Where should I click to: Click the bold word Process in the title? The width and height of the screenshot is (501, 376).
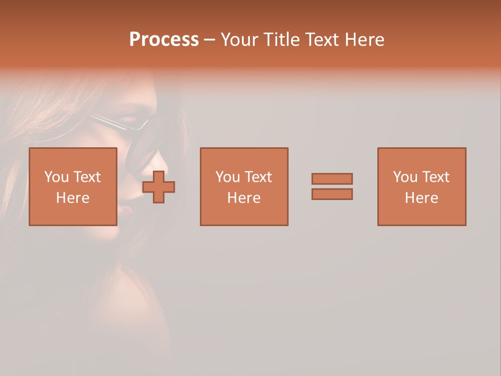tap(164, 40)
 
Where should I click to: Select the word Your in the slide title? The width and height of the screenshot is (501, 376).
tap(240, 40)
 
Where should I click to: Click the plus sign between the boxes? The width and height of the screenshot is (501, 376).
tap(159, 187)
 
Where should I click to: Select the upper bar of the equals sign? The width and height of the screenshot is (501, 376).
tap(332, 179)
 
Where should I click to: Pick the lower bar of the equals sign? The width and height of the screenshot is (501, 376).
tap(332, 194)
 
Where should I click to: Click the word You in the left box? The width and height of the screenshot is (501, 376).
tap(56, 177)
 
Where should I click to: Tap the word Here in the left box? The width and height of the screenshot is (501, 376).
tap(73, 198)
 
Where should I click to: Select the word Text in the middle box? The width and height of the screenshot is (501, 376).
tap(258, 177)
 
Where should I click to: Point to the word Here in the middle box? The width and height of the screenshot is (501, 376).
tap(244, 198)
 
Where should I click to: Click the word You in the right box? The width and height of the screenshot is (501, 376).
tap(405, 177)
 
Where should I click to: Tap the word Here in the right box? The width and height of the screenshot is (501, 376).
tap(421, 198)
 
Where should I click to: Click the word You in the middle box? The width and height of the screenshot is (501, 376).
tap(228, 177)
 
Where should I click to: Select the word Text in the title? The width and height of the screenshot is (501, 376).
tap(319, 40)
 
